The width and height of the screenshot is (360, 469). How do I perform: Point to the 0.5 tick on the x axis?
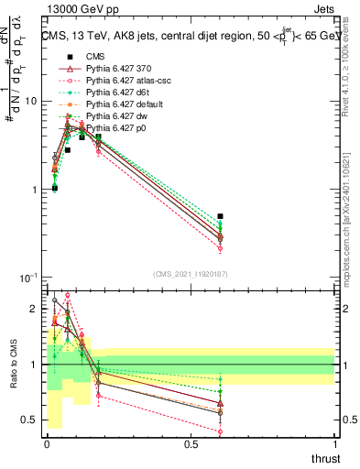tap(191, 444)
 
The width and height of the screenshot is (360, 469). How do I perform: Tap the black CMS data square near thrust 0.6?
tap(220, 216)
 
